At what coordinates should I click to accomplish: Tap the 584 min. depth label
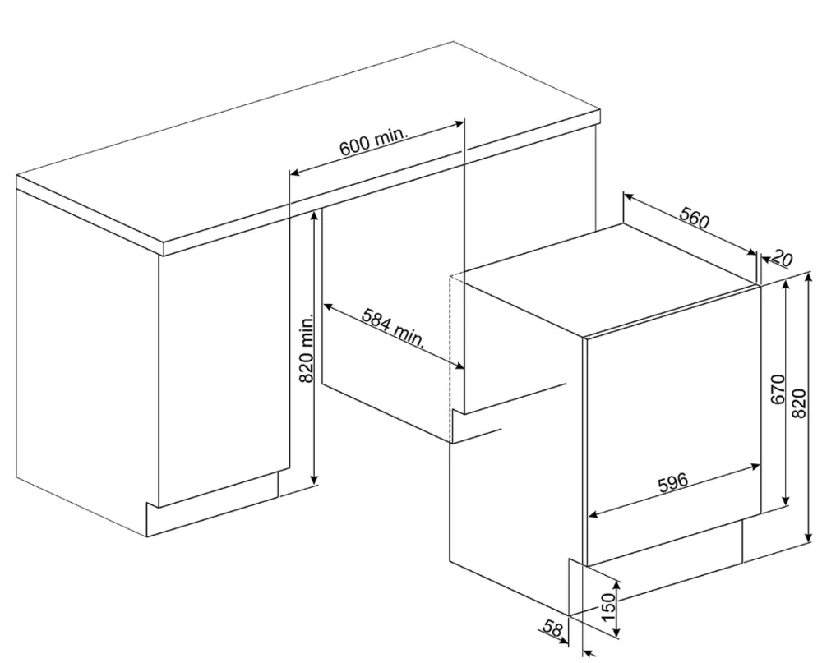click(393, 328)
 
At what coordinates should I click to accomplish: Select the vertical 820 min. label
click(306, 348)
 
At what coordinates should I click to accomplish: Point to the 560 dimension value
click(694, 218)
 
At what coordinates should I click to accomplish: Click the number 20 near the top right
click(783, 258)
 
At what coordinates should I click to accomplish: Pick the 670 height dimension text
click(778, 389)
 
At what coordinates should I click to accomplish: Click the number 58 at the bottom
click(552, 628)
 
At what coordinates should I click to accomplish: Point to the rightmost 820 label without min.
click(798, 403)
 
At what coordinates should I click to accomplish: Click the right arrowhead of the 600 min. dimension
click(459, 124)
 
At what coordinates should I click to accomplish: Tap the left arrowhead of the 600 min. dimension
click(296, 172)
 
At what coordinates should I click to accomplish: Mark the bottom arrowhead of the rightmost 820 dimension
click(806, 538)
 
